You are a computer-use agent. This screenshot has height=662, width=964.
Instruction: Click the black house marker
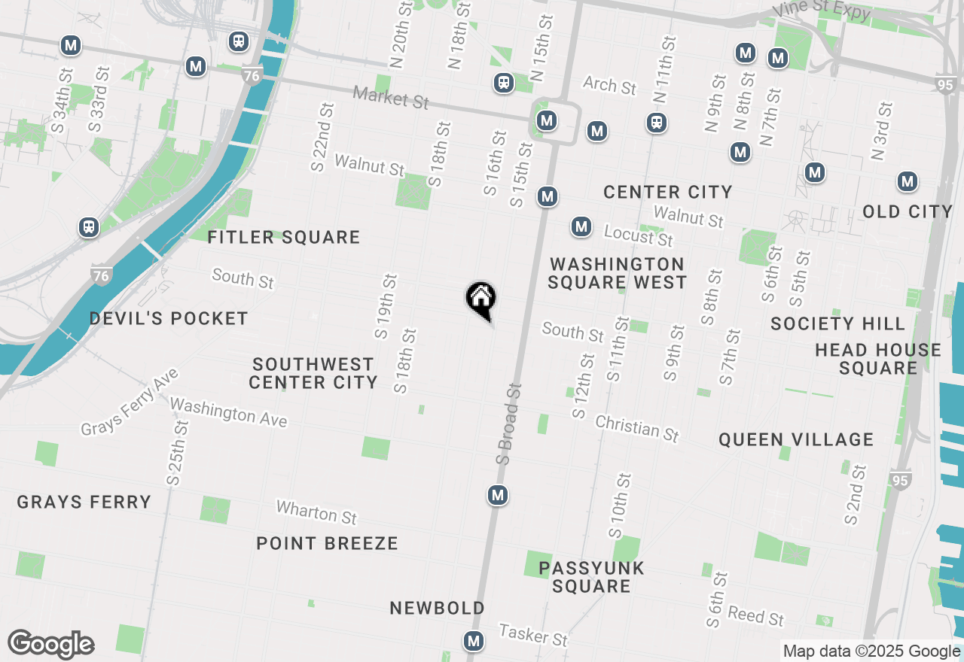(x=480, y=299)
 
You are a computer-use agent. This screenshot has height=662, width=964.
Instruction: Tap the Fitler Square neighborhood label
(x=284, y=238)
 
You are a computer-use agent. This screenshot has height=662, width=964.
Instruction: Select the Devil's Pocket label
(x=169, y=319)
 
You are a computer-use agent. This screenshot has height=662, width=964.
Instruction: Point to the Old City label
(x=908, y=212)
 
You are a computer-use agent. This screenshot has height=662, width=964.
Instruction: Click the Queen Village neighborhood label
(x=796, y=440)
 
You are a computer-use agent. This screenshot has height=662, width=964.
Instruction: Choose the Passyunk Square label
(x=592, y=577)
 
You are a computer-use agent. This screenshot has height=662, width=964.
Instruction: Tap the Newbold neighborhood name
(x=437, y=608)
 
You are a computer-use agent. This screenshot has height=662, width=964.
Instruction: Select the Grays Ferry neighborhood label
(x=84, y=502)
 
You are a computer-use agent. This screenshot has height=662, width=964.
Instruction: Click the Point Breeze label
(x=327, y=543)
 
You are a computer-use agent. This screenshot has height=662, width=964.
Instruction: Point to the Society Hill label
(x=837, y=324)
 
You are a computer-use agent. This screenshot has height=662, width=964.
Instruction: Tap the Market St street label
(x=391, y=96)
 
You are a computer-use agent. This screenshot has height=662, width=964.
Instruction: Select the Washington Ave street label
(x=228, y=412)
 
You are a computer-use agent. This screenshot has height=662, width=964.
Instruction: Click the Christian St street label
(x=637, y=428)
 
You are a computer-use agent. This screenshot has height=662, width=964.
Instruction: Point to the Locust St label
(x=638, y=236)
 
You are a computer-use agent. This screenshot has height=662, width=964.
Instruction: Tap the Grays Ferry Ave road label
(x=130, y=402)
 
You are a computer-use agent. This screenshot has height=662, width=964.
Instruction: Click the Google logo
(x=51, y=644)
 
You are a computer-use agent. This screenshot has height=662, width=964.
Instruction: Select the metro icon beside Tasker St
(x=474, y=641)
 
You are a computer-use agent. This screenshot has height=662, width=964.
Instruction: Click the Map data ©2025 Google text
(x=871, y=651)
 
